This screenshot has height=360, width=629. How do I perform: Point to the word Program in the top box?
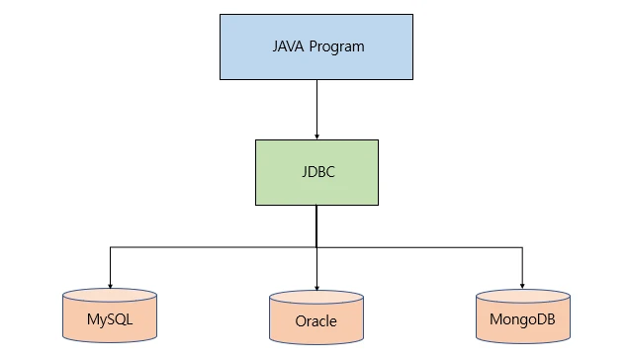(x=336, y=46)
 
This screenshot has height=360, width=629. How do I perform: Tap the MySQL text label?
(x=110, y=319)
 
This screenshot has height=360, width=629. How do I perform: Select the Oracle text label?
(x=316, y=321)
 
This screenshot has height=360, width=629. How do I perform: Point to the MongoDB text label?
(x=522, y=319)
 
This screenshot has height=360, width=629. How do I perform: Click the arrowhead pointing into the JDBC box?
(x=316, y=135)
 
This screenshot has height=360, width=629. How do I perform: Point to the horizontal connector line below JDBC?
(x=213, y=247)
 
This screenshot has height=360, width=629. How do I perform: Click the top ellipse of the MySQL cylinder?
(x=110, y=295)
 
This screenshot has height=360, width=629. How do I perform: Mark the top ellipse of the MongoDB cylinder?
(x=522, y=295)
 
